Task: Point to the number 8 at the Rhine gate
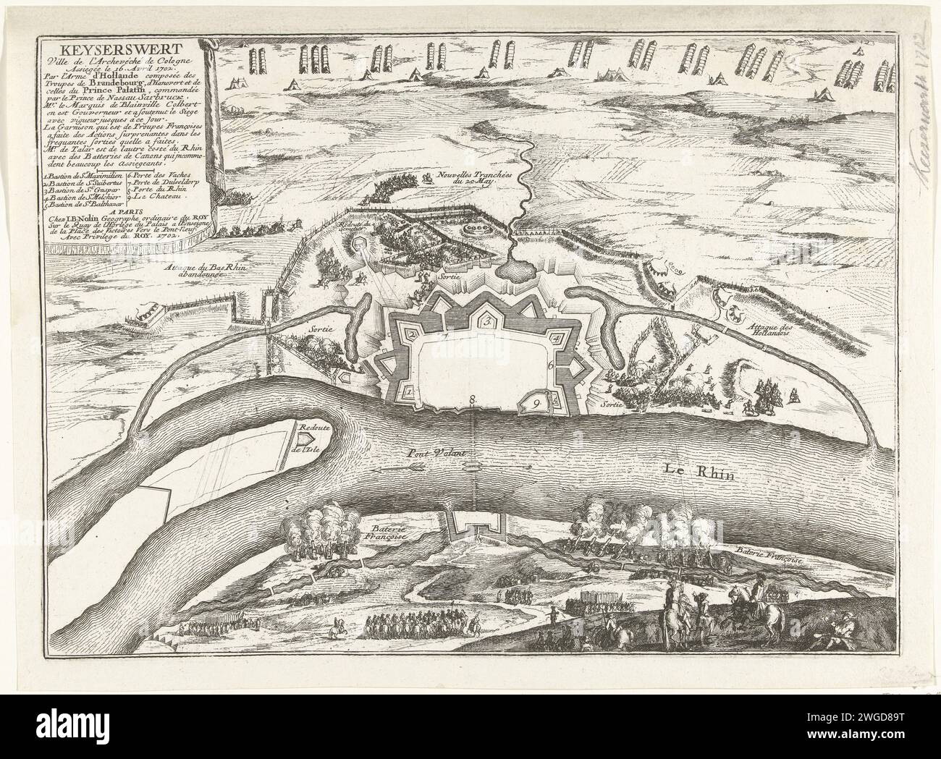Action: tap(473, 399)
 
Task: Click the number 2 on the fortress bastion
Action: tap(410, 334)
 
